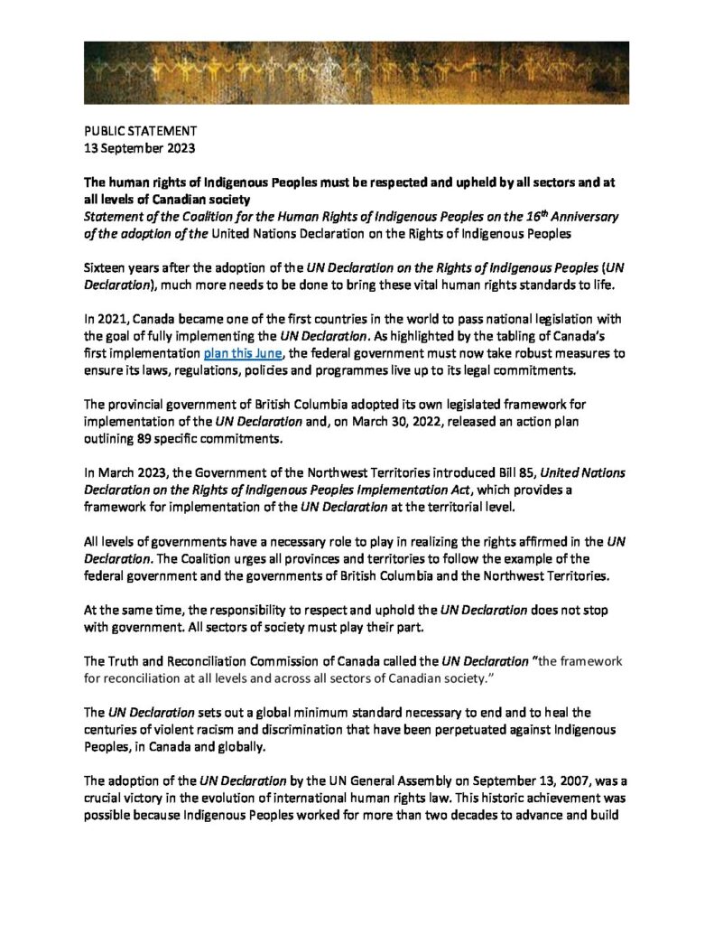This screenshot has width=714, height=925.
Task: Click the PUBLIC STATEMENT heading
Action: pos(137,131)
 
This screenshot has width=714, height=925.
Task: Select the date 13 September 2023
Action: pos(140,146)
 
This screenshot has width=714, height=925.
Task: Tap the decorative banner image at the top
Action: pos(357,72)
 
